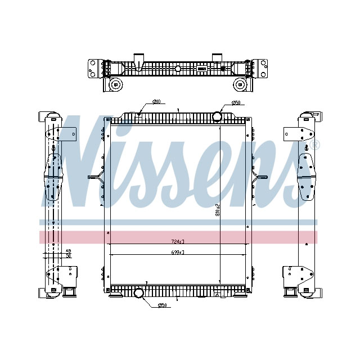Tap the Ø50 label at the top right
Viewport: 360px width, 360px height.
coord(236,103)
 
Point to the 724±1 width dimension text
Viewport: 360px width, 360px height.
coord(178,241)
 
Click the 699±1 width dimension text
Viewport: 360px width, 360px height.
coord(178,252)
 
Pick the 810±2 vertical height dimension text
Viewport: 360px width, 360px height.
coord(217,210)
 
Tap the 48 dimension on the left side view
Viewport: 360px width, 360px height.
coord(68,250)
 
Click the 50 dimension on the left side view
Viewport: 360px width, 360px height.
coord(68,255)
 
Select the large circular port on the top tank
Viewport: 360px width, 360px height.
coord(218,116)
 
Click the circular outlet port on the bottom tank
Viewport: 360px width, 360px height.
coord(139,292)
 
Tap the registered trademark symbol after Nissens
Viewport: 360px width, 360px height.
coord(315,145)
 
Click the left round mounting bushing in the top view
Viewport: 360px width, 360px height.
coord(116,85)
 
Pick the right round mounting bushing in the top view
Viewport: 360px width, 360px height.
coord(240,85)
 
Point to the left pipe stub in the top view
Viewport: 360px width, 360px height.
coord(138,58)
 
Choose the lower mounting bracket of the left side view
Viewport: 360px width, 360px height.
coord(62,276)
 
